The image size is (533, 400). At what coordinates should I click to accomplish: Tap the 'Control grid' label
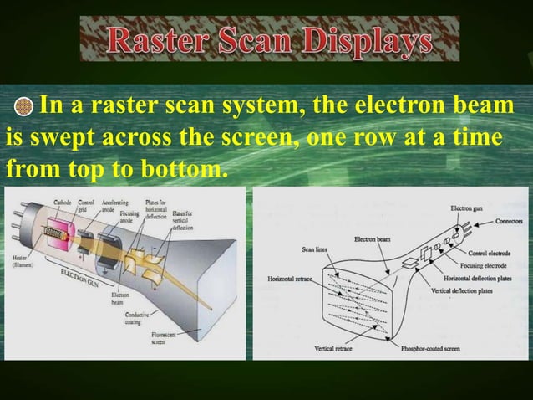[x=86, y=206]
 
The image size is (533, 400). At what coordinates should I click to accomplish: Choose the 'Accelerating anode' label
[x=114, y=206]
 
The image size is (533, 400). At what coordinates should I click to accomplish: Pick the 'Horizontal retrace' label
[x=287, y=278]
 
